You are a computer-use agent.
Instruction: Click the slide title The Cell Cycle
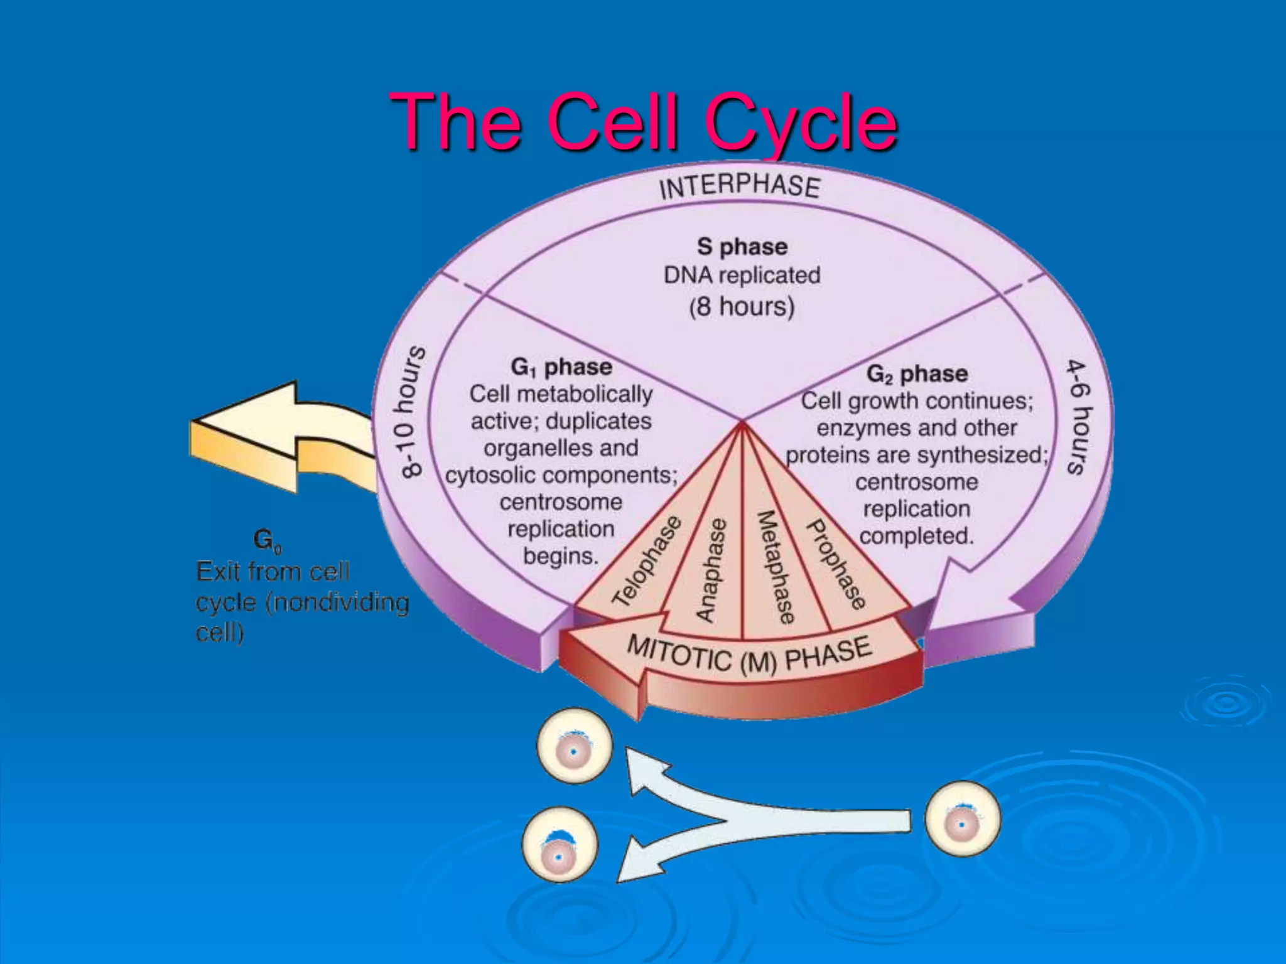point(643,122)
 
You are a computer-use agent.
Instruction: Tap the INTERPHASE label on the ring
point(740,186)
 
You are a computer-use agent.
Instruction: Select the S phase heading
point(742,247)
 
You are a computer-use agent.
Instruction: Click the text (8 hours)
point(742,307)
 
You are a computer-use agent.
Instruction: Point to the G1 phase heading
point(561,367)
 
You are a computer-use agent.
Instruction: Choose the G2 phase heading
point(917,374)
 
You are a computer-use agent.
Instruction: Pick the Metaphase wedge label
point(775,567)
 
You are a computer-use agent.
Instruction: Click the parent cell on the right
point(962,818)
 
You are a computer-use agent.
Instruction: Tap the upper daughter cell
point(574,746)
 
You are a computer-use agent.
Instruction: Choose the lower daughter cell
point(559,845)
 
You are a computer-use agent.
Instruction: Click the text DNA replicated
point(742,275)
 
